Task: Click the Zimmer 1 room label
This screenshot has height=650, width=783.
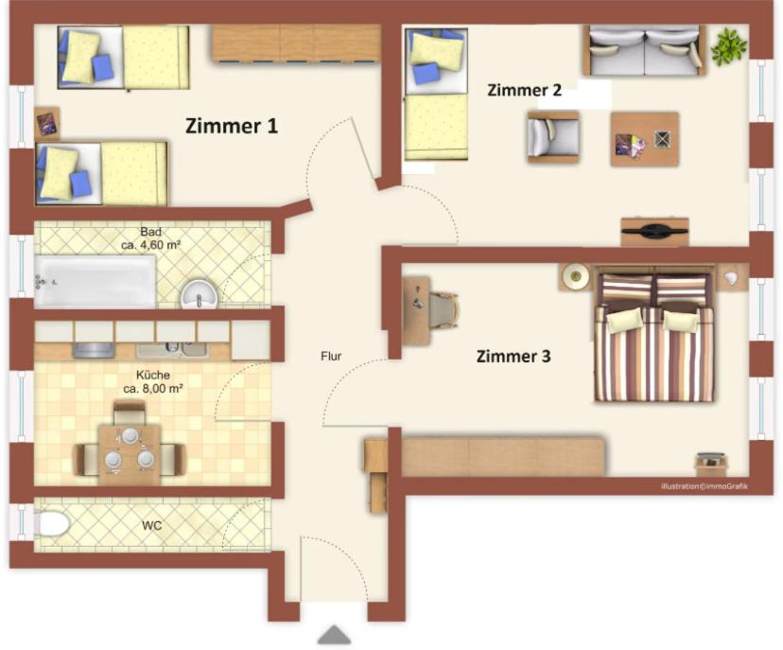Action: pyautogui.click(x=231, y=126)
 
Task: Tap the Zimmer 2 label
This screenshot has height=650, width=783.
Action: pyautogui.click(x=524, y=90)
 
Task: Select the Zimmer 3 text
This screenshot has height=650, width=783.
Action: pyautogui.click(x=513, y=357)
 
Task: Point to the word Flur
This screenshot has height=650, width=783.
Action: pyautogui.click(x=331, y=357)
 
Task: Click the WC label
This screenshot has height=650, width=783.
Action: pyautogui.click(x=152, y=526)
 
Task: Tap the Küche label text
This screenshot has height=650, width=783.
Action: pyautogui.click(x=153, y=375)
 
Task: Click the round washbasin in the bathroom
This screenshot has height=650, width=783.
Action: pyautogui.click(x=199, y=293)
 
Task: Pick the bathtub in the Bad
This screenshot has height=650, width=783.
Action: pyautogui.click(x=95, y=281)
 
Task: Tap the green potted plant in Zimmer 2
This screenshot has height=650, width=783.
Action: pyautogui.click(x=729, y=47)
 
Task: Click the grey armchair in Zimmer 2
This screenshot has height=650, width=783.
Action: pyautogui.click(x=553, y=137)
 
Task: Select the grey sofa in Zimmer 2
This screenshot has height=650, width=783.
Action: pyautogui.click(x=645, y=50)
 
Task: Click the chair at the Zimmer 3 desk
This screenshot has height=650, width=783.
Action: pyautogui.click(x=443, y=310)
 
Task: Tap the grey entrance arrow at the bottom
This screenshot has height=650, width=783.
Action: pyautogui.click(x=335, y=635)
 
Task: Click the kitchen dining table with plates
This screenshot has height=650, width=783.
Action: pyautogui.click(x=130, y=453)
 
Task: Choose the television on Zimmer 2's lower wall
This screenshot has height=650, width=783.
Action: pyautogui.click(x=654, y=231)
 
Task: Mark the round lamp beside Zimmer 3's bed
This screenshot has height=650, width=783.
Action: pyautogui.click(x=575, y=275)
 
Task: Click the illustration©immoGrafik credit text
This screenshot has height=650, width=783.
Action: pyautogui.click(x=705, y=486)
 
